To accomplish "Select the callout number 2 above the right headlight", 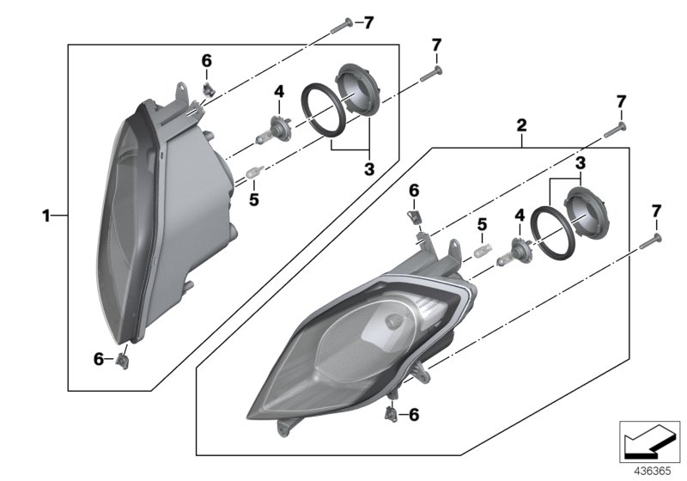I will [521, 125].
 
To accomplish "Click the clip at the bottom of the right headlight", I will [392, 414].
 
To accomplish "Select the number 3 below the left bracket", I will [369, 170].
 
